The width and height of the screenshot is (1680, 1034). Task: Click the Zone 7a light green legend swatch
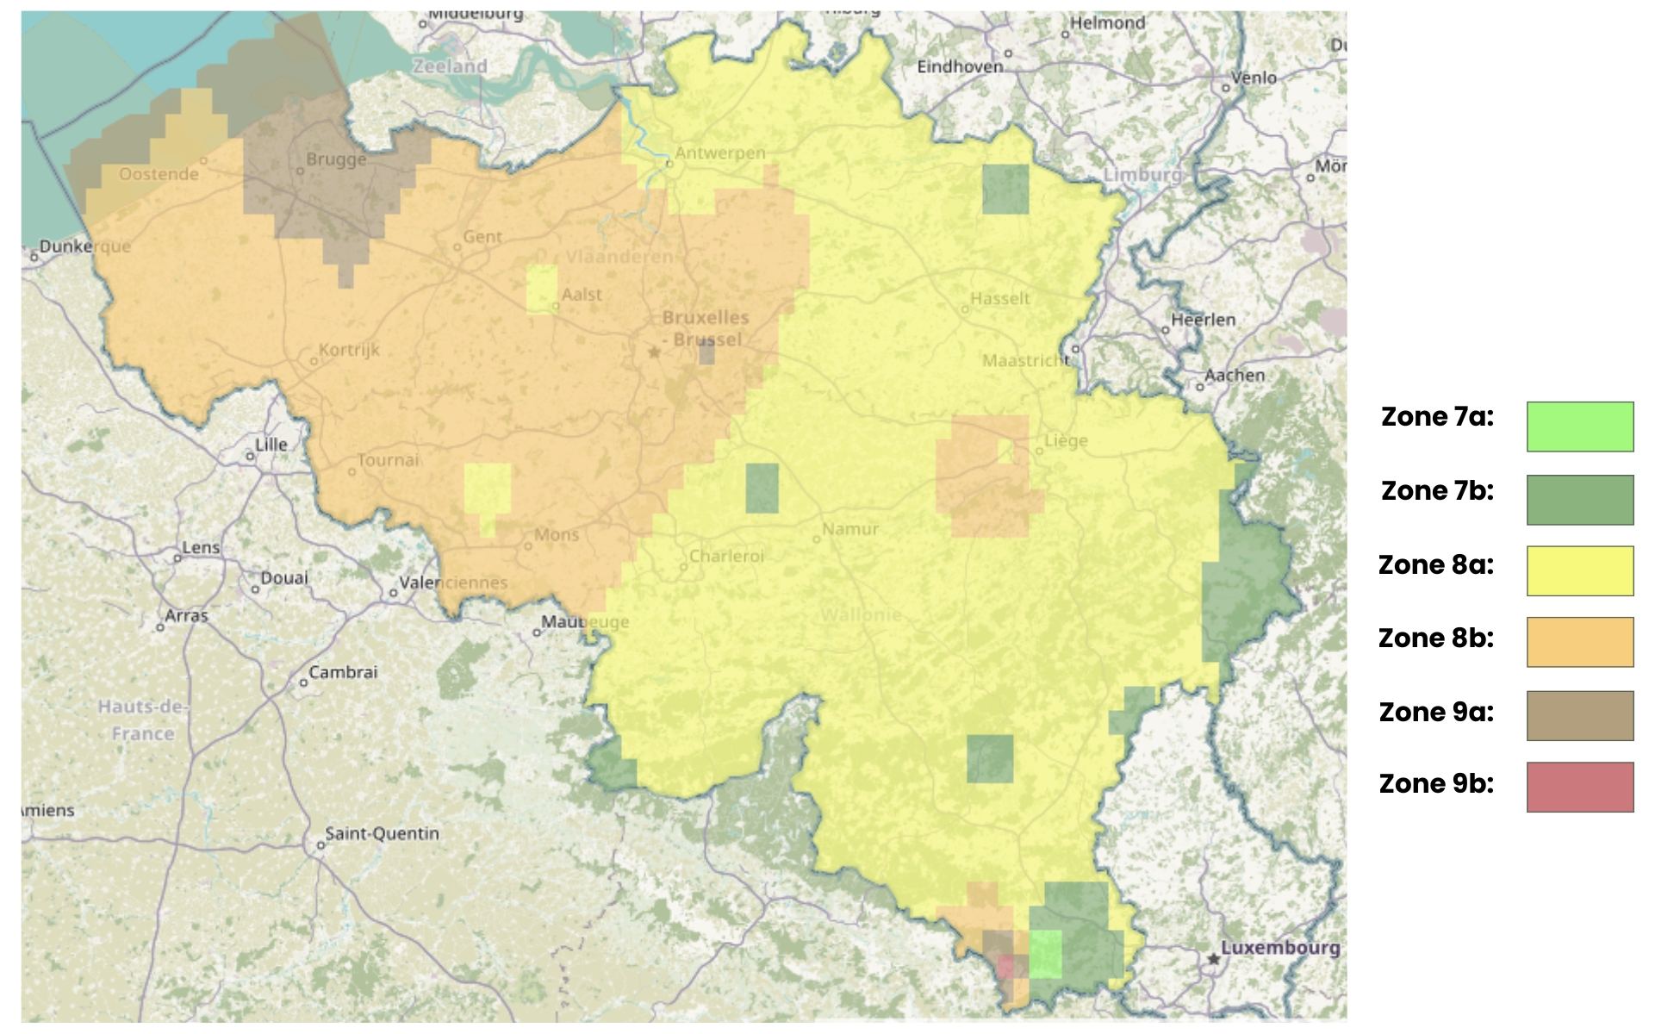click(1579, 427)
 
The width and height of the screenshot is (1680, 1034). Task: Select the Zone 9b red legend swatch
click(1579, 787)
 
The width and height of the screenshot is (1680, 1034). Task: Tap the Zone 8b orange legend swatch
click(1579, 642)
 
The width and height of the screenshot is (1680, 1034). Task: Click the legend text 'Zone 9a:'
click(1436, 713)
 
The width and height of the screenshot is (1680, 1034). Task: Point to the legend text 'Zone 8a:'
click(1436, 565)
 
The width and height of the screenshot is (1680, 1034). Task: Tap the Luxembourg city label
click(1280, 947)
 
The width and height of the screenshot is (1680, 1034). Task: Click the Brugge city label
click(336, 159)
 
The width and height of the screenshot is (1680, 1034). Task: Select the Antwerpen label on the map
click(719, 153)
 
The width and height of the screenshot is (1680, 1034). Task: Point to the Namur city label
click(850, 529)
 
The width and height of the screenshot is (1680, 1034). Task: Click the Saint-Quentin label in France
click(382, 833)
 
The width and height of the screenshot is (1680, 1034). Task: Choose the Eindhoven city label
click(960, 66)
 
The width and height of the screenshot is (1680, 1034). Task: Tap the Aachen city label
click(1235, 375)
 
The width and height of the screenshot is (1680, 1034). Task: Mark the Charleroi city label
click(726, 557)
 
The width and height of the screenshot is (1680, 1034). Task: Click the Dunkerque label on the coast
click(84, 246)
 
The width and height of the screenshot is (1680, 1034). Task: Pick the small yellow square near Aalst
click(542, 290)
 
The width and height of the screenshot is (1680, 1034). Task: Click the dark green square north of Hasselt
click(1005, 189)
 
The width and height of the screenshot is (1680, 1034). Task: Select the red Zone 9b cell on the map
click(1005, 966)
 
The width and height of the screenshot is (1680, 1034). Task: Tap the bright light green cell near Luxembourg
click(1045, 954)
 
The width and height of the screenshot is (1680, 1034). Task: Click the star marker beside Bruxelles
click(655, 352)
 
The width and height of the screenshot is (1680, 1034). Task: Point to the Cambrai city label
click(343, 672)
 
